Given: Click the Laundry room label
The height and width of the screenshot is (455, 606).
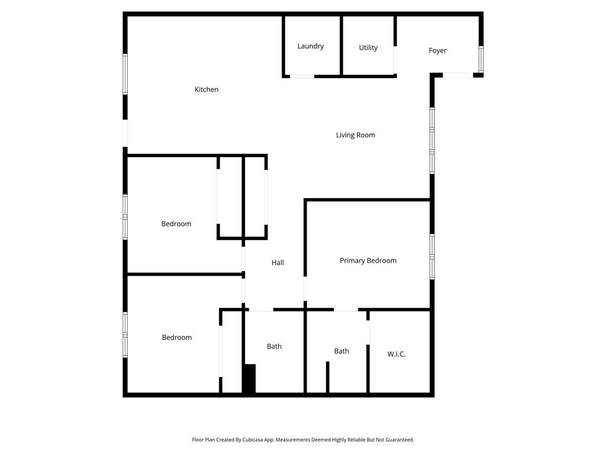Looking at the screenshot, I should pos(311,46).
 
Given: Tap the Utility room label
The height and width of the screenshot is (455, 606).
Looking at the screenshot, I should pos(368,47).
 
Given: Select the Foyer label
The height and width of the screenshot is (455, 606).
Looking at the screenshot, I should pos(437,50).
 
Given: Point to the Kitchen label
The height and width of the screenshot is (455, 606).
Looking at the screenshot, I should pos(207,89).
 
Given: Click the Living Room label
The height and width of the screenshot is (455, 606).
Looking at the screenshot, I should pos(356,135).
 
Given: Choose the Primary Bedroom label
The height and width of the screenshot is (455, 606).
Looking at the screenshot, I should pos(368,261).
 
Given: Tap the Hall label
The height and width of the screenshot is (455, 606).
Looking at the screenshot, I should pos(278,262).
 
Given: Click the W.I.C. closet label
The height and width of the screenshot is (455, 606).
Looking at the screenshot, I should pos(397,354).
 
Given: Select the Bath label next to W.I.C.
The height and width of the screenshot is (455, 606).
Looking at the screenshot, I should pos(341,351).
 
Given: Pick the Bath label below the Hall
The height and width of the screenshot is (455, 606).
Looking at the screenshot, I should pos(274,347).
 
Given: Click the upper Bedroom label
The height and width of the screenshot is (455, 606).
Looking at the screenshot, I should pos(176,224).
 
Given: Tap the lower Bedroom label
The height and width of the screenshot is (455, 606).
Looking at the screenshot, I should pos(177,338).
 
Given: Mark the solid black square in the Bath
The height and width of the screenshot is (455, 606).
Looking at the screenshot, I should pos(249,379).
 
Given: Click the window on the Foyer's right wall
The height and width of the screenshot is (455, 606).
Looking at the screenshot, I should pos(481,59).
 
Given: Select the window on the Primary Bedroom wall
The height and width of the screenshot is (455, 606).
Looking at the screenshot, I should pos(432,257).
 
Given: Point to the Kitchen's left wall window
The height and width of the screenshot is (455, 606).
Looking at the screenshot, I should pos(125,74).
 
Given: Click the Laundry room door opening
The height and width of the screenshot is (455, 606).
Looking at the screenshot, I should pos(302,76).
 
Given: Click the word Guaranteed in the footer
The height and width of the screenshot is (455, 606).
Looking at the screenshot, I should pos(399,440).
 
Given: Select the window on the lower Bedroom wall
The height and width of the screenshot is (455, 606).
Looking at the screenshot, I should pos(125,335).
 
